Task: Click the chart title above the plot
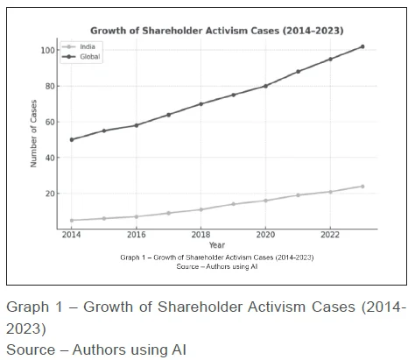click(216, 30)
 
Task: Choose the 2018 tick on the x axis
click(200, 236)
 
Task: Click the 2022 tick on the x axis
click(330, 236)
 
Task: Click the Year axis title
click(216, 245)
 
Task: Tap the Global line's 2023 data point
click(362, 46)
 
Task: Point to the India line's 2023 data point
click(362, 186)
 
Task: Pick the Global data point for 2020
click(265, 86)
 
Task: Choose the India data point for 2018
click(200, 209)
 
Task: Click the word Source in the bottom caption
click(29, 349)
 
